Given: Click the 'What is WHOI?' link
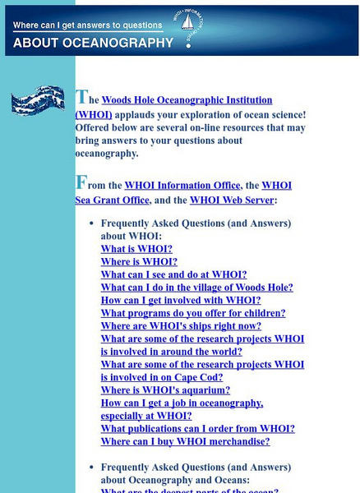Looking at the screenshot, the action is (136, 249).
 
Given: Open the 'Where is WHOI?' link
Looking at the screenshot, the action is (139, 262).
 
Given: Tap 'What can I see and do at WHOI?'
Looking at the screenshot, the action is (173, 274).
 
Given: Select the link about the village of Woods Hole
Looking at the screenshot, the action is (196, 288).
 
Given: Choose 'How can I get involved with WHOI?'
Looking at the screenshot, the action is (181, 300).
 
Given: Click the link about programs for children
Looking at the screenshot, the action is (193, 313).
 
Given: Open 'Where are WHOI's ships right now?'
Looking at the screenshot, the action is (181, 326).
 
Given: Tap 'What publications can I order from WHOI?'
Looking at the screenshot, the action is (197, 428).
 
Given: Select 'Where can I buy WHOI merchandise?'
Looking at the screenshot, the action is (185, 441).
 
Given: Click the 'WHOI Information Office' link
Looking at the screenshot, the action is (182, 186).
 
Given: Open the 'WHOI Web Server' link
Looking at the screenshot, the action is (232, 199).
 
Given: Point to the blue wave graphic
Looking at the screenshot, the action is (39, 100).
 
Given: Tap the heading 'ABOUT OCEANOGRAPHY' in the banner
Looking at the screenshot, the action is (94, 43).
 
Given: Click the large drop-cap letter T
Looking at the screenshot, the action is (81, 97).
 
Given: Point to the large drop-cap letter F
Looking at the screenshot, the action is (81, 182).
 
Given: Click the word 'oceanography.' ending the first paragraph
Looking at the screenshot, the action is (107, 154).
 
